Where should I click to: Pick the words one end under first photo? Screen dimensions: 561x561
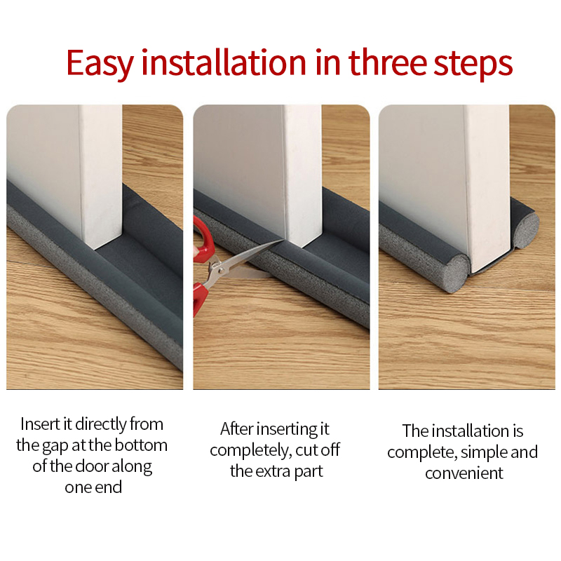(93, 487)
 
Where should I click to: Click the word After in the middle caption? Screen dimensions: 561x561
(236, 429)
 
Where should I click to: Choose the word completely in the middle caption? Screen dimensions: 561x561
(246, 450)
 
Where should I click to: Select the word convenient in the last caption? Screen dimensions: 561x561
(464, 473)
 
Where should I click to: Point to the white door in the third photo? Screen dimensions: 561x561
(484, 175)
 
